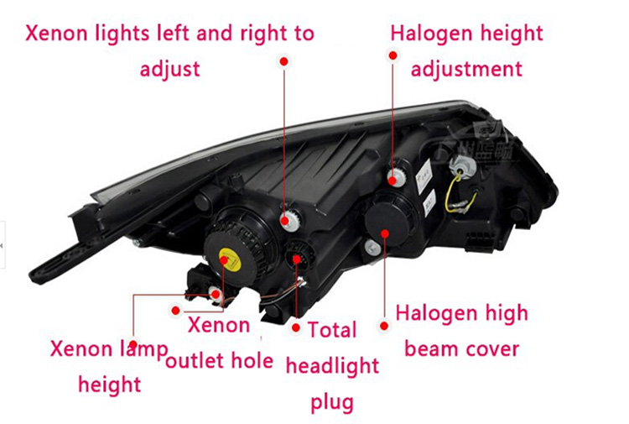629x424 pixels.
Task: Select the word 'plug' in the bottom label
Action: click(x=332, y=402)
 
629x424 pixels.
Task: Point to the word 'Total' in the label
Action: click(x=332, y=329)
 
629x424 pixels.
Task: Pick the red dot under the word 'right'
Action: click(x=284, y=61)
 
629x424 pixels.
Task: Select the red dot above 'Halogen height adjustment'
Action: click(x=392, y=55)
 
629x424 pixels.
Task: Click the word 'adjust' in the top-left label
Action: click(x=170, y=68)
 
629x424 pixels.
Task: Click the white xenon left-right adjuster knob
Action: click(x=288, y=221)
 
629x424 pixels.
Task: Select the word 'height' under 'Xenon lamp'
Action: click(x=109, y=385)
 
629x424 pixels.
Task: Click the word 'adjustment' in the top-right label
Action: click(x=466, y=68)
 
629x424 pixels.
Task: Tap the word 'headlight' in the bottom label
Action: click(x=332, y=365)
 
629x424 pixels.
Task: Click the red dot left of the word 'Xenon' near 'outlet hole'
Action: click(x=174, y=310)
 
